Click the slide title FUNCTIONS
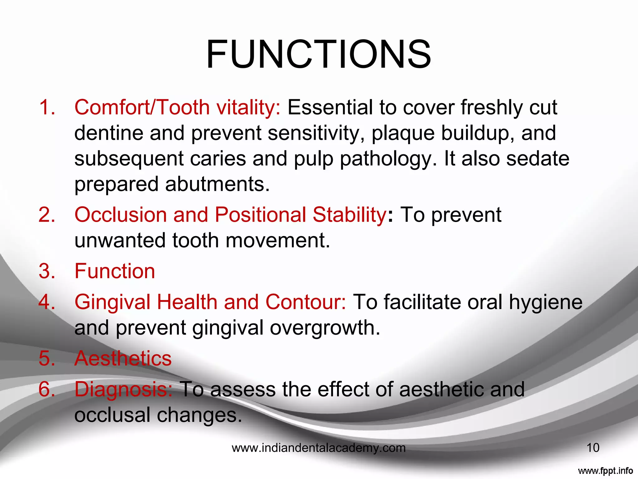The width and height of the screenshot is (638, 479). click(318, 54)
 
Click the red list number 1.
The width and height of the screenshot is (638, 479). click(47, 107)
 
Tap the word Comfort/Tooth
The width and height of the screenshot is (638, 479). click(142, 107)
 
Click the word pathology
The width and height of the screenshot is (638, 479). click(388, 159)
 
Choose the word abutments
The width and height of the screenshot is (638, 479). click(217, 184)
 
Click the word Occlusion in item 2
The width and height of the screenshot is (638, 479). click(121, 215)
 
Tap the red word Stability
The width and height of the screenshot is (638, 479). click(350, 215)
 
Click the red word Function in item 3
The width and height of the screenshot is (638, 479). click(115, 271)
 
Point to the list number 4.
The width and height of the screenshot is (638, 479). click(47, 302)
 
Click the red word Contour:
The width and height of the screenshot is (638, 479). click(305, 302)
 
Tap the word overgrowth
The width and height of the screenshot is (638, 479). click(325, 328)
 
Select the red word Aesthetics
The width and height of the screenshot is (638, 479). click(123, 358)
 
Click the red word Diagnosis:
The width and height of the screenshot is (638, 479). click(123, 390)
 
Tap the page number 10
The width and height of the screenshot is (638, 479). click(593, 448)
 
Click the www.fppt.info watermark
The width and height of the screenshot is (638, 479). click(605, 471)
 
